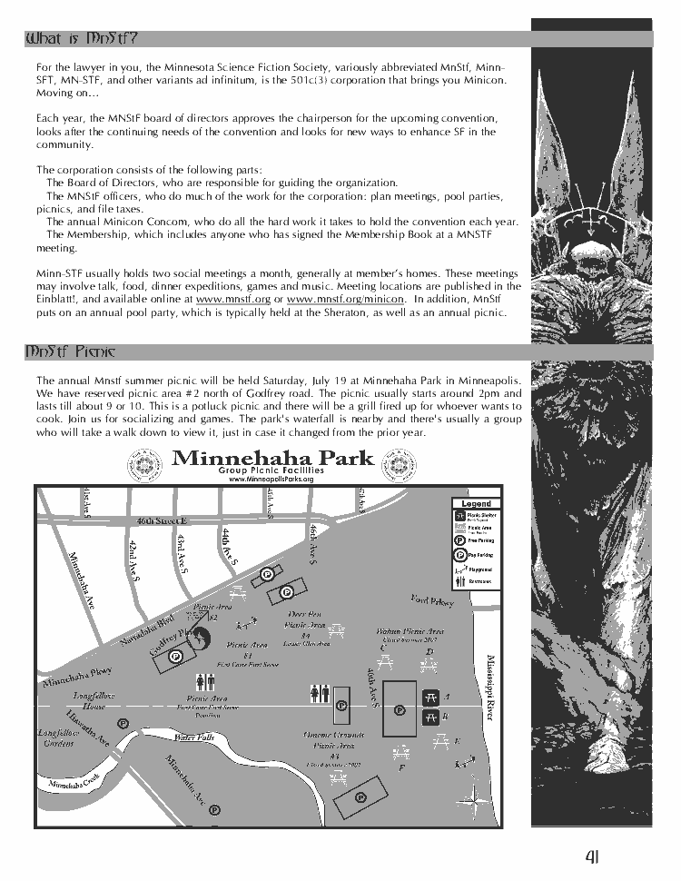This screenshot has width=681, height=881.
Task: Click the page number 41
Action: tap(592, 856)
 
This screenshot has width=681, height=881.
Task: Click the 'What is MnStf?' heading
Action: tap(83, 38)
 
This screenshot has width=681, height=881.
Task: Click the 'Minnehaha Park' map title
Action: tap(272, 457)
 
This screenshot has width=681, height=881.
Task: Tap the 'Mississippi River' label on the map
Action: tap(491, 687)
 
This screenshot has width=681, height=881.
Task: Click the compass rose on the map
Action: tap(475, 800)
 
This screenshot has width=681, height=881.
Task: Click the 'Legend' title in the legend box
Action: tap(476, 503)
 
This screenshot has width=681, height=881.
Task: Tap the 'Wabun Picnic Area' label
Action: tap(410, 631)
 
